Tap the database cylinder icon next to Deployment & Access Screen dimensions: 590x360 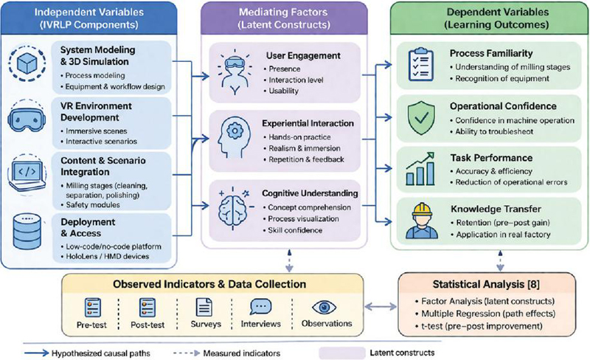(x=27, y=231)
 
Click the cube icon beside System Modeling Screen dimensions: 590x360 (x=27, y=63)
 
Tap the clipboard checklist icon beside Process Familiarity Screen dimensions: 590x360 (x=421, y=65)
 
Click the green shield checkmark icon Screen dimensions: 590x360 (x=421, y=118)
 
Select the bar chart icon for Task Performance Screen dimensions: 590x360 (x=420, y=169)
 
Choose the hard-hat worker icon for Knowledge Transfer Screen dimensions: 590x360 (x=421, y=221)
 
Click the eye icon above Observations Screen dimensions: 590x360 (x=324, y=308)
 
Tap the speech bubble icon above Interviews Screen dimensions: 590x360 (x=261, y=307)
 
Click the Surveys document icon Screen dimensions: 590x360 (x=204, y=307)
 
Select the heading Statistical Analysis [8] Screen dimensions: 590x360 (x=486, y=284)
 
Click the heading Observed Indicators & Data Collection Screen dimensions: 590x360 (x=209, y=284)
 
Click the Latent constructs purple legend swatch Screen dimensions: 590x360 (x=342, y=353)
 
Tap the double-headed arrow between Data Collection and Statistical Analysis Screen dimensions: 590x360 (x=381, y=307)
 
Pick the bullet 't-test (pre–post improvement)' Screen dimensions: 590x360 (x=479, y=326)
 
